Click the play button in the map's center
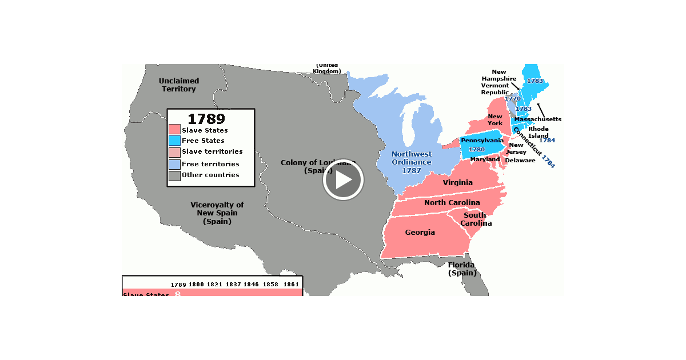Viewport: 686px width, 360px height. pyautogui.click(x=343, y=180)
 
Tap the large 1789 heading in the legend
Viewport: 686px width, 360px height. pyautogui.click(x=206, y=119)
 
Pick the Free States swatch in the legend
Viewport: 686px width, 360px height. pyautogui.click(x=174, y=141)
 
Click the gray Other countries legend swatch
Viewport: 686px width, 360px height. pyautogui.click(x=174, y=175)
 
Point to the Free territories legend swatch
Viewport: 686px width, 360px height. pyautogui.click(x=174, y=164)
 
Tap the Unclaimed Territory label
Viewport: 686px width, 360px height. pyautogui.click(x=179, y=85)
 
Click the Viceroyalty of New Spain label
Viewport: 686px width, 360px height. pyautogui.click(x=217, y=213)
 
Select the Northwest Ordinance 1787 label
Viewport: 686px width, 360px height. pyautogui.click(x=412, y=162)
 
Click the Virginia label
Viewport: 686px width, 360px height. pyautogui.click(x=457, y=183)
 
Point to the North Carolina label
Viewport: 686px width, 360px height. pyautogui.click(x=452, y=203)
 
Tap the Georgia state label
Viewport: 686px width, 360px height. pyautogui.click(x=420, y=233)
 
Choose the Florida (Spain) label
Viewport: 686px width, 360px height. pyautogui.click(x=461, y=269)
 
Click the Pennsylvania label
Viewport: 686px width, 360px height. pyautogui.click(x=482, y=141)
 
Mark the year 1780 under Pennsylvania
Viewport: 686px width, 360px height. pyautogui.click(x=476, y=150)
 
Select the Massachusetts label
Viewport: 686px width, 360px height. pyautogui.click(x=537, y=119)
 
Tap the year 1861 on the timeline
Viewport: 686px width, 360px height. pyautogui.click(x=291, y=285)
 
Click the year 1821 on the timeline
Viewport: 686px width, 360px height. pyautogui.click(x=214, y=285)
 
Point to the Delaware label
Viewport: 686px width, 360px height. pyautogui.click(x=520, y=161)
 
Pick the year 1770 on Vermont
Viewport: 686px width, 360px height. pyautogui.click(x=513, y=99)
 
